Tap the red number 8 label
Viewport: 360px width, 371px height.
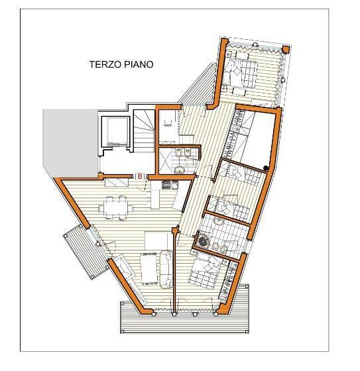coord(139,176)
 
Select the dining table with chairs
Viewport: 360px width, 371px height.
coord(115,208)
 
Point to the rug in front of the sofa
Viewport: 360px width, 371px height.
coord(147,269)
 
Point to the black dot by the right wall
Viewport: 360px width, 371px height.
coord(266,167)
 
